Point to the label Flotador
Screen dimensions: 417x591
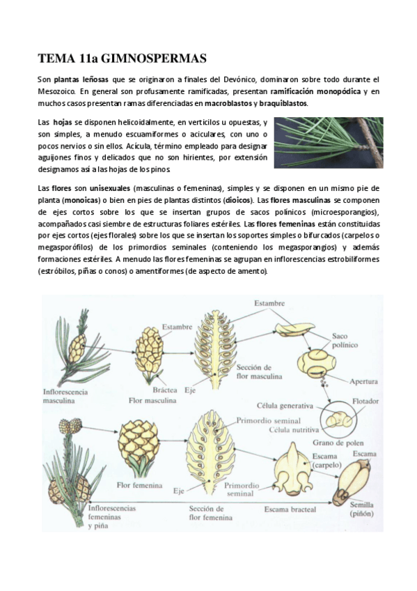[x=362, y=401]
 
